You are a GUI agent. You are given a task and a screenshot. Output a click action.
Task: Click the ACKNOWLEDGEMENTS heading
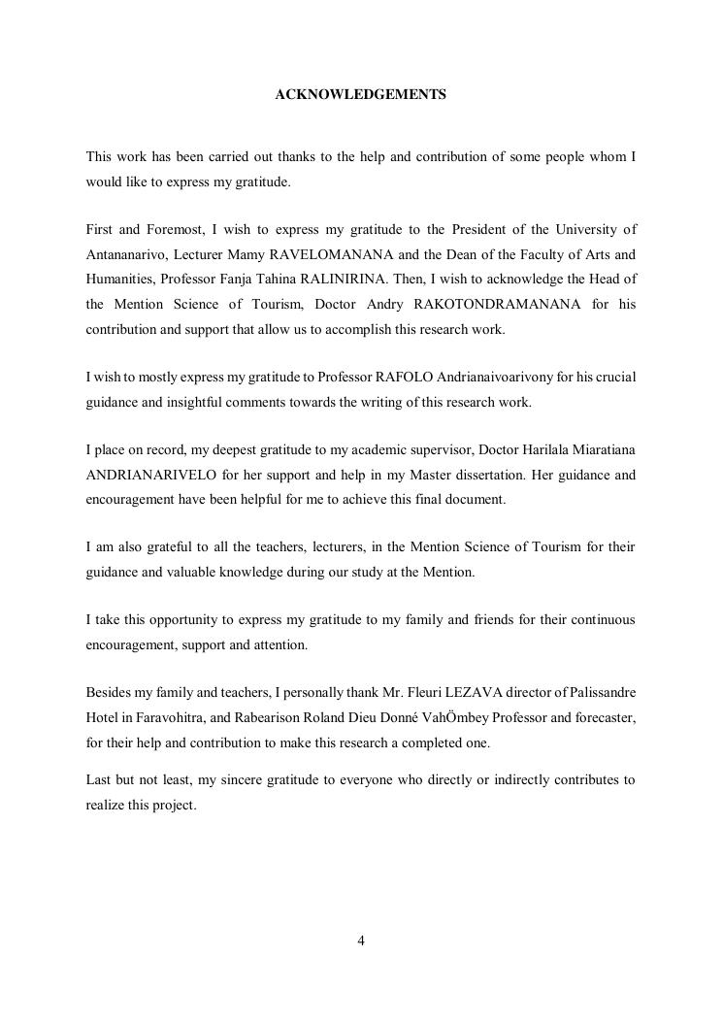point(361,94)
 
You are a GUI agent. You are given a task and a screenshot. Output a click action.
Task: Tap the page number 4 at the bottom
point(361,940)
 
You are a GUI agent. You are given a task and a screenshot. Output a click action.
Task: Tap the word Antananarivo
point(127,254)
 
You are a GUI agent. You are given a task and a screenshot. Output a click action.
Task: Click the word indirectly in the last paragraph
point(515,779)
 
